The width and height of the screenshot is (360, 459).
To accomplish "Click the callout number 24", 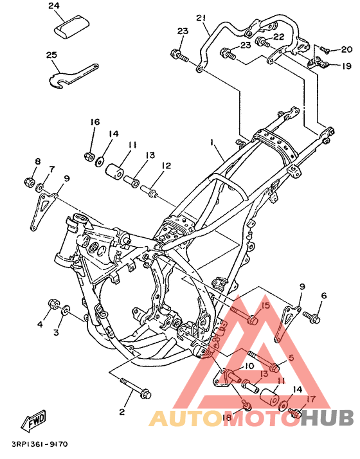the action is click(x=54, y=6).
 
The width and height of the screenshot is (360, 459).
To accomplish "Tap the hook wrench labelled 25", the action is click(x=72, y=75).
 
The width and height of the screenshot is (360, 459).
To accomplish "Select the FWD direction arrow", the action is click(x=33, y=421).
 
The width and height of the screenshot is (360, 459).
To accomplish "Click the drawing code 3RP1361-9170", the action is click(x=40, y=444).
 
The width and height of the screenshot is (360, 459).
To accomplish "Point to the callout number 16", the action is click(x=94, y=122).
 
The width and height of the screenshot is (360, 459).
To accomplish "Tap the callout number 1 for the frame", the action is click(x=211, y=142).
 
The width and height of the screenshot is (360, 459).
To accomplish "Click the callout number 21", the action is click(x=201, y=18).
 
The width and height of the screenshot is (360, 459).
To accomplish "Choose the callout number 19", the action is click(x=346, y=66).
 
